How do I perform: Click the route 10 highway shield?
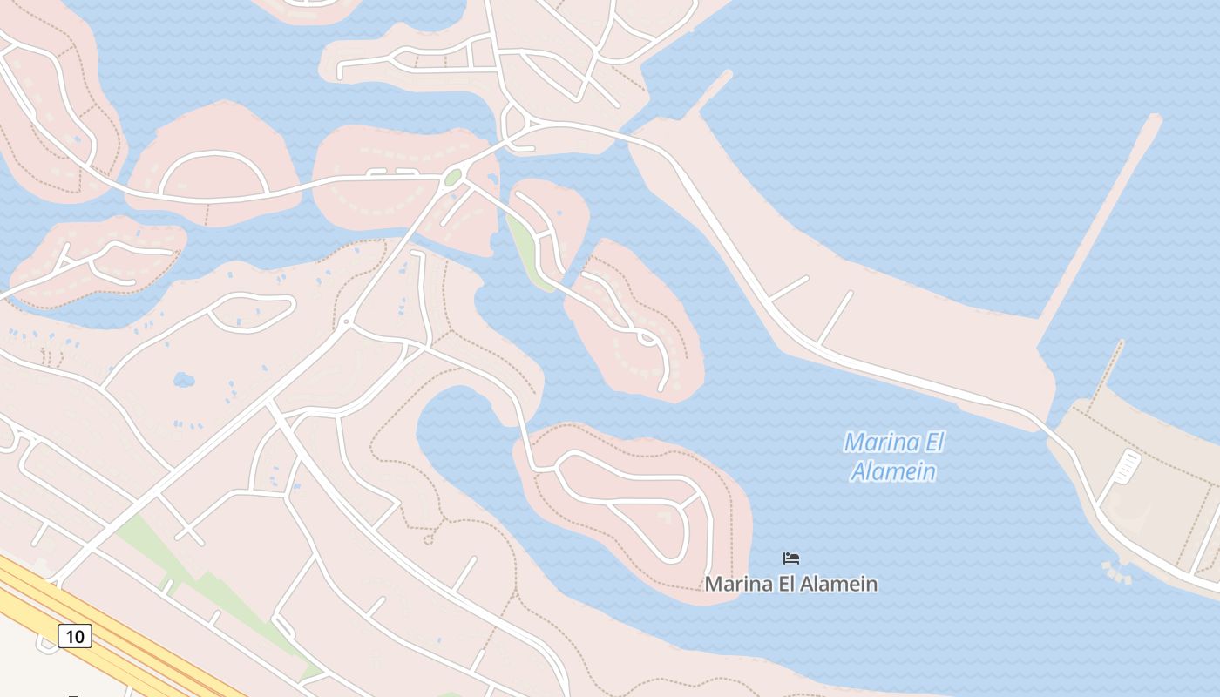click(x=75, y=637)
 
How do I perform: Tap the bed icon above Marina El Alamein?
click(x=791, y=558)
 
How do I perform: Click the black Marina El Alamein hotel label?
click(x=791, y=584)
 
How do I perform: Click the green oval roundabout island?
click(x=452, y=179)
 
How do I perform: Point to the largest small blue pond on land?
click(x=184, y=380)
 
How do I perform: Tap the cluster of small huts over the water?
click(x=1115, y=572)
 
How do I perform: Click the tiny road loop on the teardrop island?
click(x=647, y=337)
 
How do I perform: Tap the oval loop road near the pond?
click(x=251, y=312)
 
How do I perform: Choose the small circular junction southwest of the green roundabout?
click(x=346, y=323)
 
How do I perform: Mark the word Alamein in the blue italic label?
click(x=894, y=471)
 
